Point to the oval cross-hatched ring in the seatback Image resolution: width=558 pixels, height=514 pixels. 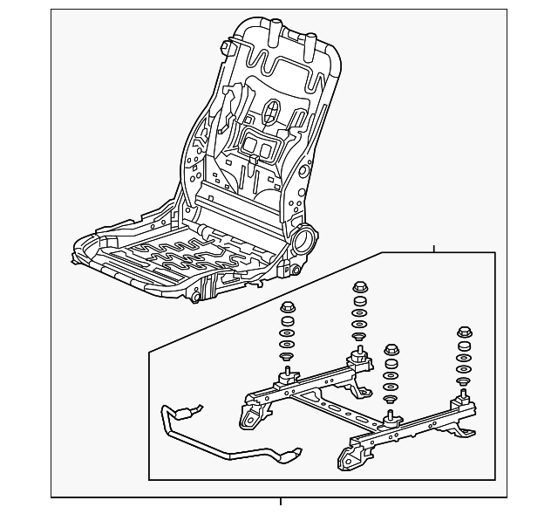pos(272,111)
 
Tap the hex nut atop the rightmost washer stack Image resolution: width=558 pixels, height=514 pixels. pos(464,332)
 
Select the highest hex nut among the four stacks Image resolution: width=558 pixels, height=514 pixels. pos(360,287)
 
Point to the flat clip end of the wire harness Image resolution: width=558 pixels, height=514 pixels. pos(290,454)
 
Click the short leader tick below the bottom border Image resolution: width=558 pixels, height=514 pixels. pos(281,502)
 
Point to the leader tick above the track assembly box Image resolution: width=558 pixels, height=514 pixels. pos(433,249)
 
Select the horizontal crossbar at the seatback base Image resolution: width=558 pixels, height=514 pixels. pos(239,209)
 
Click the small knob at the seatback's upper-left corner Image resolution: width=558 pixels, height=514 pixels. pos(226,45)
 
